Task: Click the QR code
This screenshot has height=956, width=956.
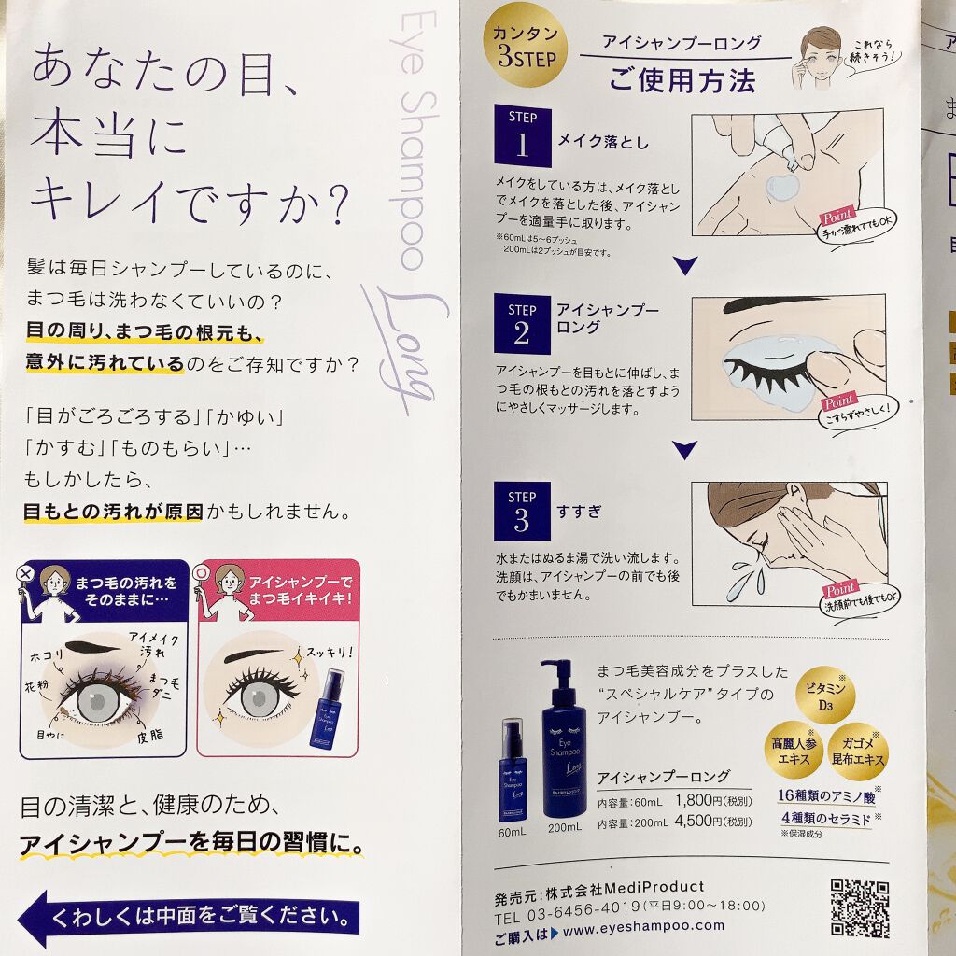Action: [x=859, y=907]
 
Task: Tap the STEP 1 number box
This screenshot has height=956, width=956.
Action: [x=523, y=136]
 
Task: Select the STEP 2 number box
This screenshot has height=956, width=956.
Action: [x=522, y=324]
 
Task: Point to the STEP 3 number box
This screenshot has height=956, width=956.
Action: [x=522, y=511]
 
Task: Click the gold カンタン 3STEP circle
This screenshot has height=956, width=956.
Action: [x=525, y=46]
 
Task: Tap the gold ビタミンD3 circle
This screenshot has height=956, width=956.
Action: [x=825, y=695]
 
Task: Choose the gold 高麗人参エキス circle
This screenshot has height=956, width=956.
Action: [x=794, y=751]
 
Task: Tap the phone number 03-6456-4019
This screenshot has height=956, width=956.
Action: [x=583, y=912]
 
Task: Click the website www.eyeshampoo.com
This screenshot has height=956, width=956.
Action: [x=644, y=929]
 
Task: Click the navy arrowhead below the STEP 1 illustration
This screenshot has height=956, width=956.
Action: [x=684, y=265]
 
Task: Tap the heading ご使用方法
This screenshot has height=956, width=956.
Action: [x=682, y=80]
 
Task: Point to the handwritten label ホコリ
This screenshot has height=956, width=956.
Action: [x=47, y=656]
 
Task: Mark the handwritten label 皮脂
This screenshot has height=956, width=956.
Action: [x=150, y=735]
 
